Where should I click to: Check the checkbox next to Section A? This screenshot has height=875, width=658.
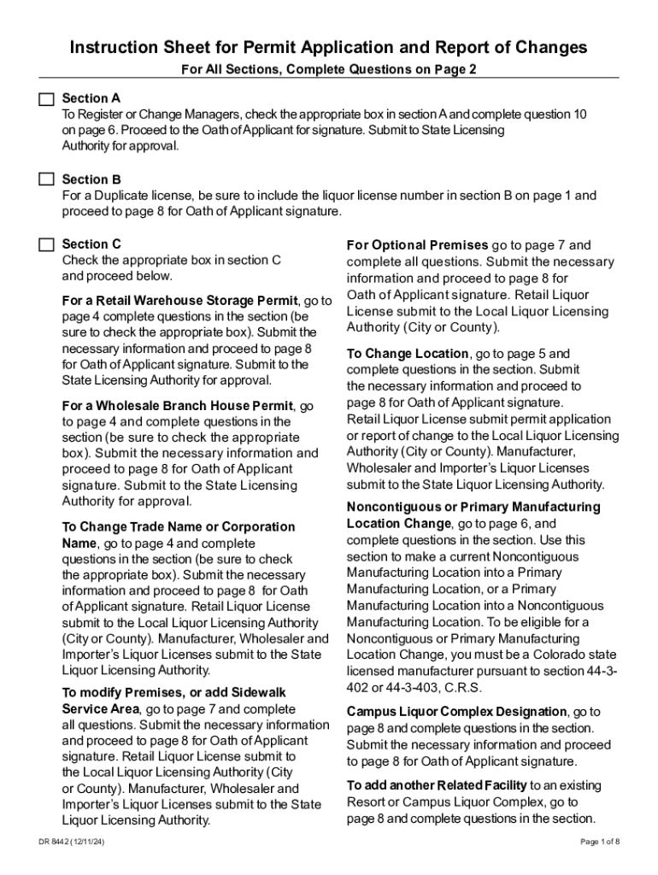[x=45, y=98]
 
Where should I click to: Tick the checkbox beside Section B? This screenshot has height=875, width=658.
[x=45, y=179]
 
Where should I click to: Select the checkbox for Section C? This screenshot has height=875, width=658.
[x=45, y=244]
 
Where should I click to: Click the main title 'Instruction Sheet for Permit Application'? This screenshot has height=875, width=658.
[x=328, y=47]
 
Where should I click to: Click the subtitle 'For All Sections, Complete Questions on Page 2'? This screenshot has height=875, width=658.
[x=328, y=70]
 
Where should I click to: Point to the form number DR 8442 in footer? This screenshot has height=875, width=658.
[x=77, y=842]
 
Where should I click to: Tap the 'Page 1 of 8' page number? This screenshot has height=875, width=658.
[x=599, y=842]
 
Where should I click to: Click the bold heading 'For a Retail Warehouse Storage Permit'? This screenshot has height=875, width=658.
[x=179, y=301]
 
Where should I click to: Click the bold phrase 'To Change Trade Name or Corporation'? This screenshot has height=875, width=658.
[x=179, y=527]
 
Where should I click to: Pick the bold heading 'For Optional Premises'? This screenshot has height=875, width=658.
[x=417, y=245]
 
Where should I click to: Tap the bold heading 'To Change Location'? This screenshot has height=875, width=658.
[x=408, y=354]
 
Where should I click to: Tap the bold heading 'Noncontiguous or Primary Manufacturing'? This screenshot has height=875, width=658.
[x=473, y=507]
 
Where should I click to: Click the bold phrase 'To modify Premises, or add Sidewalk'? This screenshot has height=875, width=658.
[x=174, y=692]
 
